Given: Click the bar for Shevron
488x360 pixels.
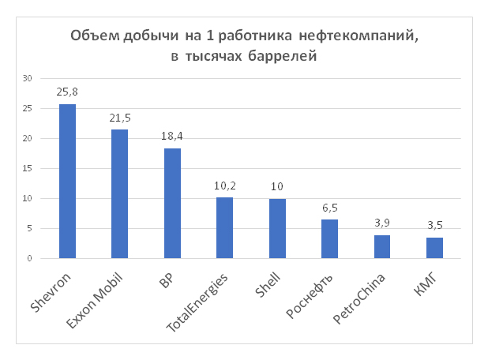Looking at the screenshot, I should tap(68, 182).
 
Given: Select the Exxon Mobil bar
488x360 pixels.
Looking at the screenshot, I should tap(120, 194).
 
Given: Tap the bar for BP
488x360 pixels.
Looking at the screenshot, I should tap(172, 204).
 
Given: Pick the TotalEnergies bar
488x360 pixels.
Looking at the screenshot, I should tap(224, 228).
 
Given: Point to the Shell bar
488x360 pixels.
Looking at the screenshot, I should tap(277, 229).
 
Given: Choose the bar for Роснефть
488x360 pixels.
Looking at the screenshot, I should tap(329, 239).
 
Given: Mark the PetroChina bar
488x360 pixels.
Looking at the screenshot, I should tap(382, 247).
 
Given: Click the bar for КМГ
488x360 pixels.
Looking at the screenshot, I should tap(434, 248).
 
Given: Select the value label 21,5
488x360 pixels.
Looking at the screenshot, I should tap(120, 118).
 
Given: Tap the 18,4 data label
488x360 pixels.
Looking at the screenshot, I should tap(172, 137).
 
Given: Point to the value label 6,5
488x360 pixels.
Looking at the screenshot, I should tap(329, 208).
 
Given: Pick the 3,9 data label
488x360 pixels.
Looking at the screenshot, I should tap(382, 223).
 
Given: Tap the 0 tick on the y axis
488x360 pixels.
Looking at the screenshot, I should tap(29, 258).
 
